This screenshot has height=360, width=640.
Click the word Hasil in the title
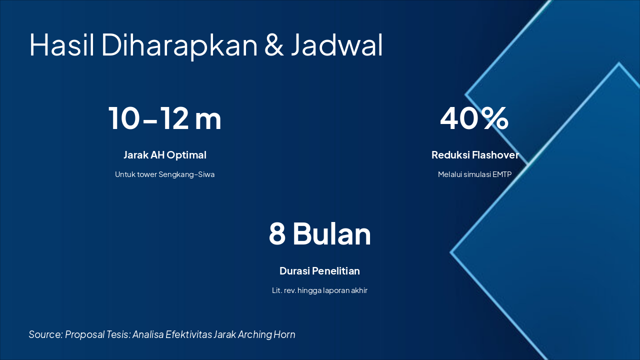[61, 45]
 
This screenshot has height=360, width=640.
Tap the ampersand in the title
[274, 45]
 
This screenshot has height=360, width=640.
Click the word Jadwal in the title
[337, 45]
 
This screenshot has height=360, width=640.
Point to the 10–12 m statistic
[165, 118]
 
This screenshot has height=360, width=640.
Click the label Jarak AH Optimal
[165, 155]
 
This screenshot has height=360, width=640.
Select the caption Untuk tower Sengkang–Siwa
[165, 174]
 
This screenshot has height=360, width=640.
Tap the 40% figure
[474, 118]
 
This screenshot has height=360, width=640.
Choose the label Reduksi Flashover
[475, 155]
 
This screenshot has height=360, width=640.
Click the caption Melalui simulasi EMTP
[475, 174]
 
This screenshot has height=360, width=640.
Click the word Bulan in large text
[332, 233]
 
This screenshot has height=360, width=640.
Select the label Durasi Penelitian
[319, 271]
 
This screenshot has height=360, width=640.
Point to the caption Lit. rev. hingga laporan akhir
[319, 290]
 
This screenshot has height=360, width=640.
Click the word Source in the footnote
[45, 334]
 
